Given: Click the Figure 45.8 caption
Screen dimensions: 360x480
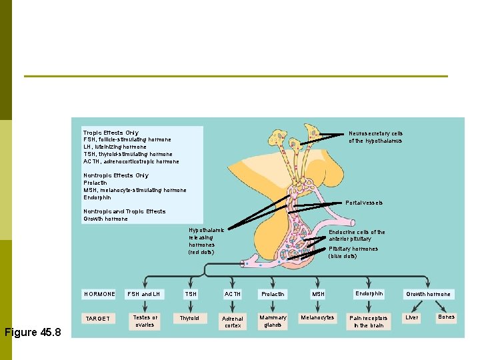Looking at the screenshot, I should coord(33,332).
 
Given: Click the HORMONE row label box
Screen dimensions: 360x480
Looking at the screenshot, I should coord(99,294).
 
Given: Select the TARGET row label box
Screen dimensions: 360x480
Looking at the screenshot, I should coord(99,319).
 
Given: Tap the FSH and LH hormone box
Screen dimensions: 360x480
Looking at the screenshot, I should coord(144,294).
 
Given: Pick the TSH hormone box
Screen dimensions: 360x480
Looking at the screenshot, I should coord(191,294).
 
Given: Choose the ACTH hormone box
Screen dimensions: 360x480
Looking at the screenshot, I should coord(233,294).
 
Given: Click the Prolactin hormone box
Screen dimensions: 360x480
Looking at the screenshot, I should coord(273,294).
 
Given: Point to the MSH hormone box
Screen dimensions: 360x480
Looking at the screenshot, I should coord(319,294).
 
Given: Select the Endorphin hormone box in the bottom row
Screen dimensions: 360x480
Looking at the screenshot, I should coord(369,293).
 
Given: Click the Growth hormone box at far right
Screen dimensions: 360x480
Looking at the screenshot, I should coord(429,294).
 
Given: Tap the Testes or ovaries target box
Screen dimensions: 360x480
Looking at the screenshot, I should coord(145,321).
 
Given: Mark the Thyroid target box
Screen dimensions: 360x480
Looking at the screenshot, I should coord(189,318).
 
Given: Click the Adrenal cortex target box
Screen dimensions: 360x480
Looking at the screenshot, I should coord(233,322).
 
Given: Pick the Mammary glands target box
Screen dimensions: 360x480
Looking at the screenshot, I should coord(273,321).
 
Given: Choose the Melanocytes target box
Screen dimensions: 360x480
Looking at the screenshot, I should coord(318,317).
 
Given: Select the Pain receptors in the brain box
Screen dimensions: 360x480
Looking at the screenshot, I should coord(369,321).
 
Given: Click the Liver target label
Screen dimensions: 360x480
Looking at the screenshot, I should coord(412,317).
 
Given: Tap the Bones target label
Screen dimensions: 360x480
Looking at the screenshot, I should coord(446,317).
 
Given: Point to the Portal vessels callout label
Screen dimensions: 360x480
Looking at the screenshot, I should coord(364,203).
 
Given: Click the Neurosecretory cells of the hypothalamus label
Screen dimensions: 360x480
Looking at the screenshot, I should coord(375,137).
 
